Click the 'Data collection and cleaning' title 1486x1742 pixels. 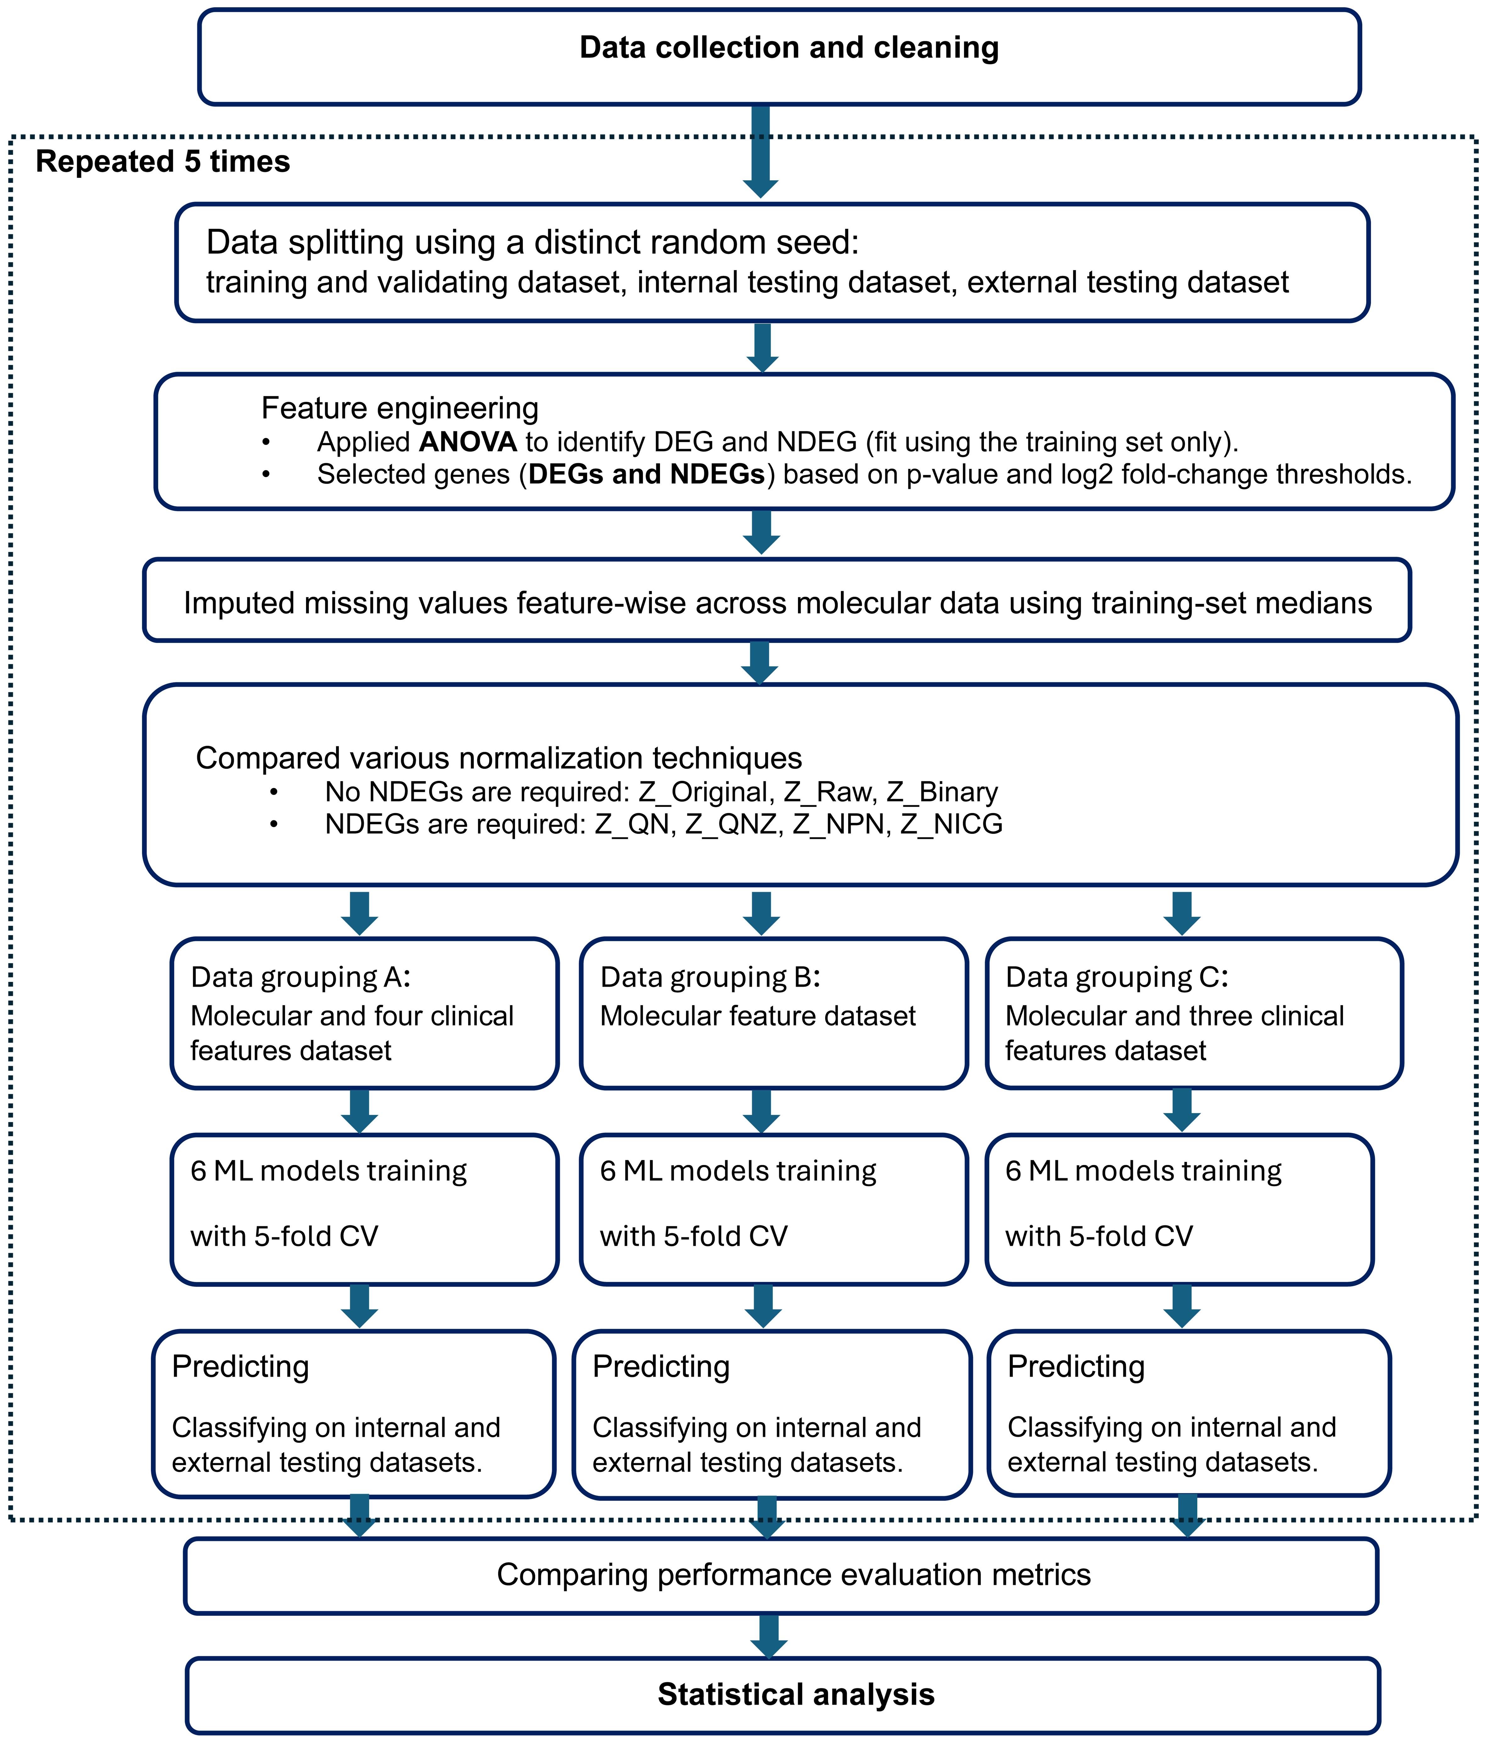click(789, 48)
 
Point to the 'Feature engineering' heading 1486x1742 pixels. click(399, 409)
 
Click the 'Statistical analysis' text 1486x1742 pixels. click(796, 1694)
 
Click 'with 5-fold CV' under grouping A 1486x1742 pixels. click(284, 1236)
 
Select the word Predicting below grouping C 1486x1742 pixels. click(1075, 1366)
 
